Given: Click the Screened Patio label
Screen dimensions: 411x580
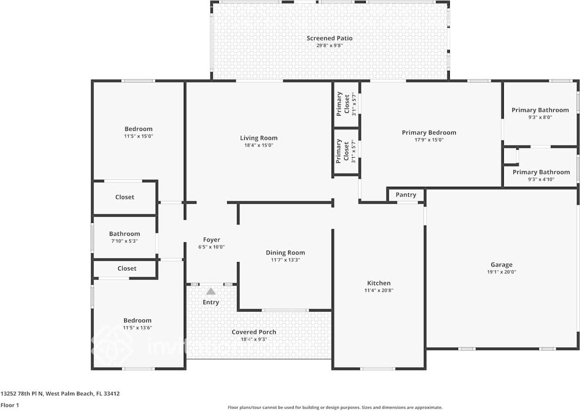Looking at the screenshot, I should pyautogui.click(x=329, y=38).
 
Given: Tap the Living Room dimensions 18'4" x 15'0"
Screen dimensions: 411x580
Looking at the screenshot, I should pyautogui.click(x=259, y=145).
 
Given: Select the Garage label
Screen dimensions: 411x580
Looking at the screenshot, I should pyautogui.click(x=501, y=265).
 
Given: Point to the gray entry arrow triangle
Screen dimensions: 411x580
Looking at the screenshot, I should pyautogui.click(x=211, y=291).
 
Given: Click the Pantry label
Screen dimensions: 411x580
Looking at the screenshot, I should pyautogui.click(x=405, y=195).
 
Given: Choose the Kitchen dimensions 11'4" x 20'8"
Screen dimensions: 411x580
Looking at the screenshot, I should pyautogui.click(x=379, y=290).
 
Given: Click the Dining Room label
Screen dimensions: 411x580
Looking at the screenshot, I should pyautogui.click(x=285, y=252).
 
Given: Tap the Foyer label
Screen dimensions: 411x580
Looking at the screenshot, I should pyautogui.click(x=211, y=239).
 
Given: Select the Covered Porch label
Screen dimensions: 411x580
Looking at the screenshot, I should pyautogui.click(x=254, y=332).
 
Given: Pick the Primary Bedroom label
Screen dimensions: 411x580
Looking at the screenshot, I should pyautogui.click(x=429, y=133).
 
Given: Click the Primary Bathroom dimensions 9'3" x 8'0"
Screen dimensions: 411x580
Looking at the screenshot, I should pyautogui.click(x=540, y=117).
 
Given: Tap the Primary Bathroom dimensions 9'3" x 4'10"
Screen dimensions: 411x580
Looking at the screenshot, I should pyautogui.click(x=541, y=179).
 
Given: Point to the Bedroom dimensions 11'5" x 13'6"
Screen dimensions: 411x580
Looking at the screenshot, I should pyautogui.click(x=137, y=328).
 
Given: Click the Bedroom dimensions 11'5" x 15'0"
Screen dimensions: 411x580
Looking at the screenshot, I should pyautogui.click(x=138, y=136).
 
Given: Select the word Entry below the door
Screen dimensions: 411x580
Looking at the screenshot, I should pyautogui.click(x=211, y=302).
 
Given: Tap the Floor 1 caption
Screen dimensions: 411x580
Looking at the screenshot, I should pyautogui.click(x=10, y=405).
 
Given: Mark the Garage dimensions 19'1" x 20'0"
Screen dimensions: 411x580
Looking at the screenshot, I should pyautogui.click(x=501, y=272).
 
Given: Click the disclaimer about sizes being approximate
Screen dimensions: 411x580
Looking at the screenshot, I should pyautogui.click(x=335, y=407).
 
